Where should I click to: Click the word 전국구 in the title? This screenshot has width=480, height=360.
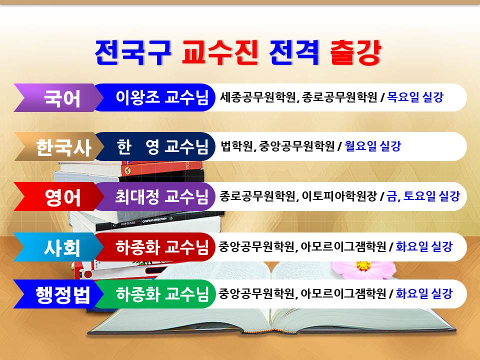[132, 52]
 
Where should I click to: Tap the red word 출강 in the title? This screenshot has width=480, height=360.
[355, 52]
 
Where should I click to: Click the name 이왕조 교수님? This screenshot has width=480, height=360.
[162, 97]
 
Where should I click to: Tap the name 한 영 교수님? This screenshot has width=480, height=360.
[162, 146]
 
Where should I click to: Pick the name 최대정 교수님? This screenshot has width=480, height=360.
[161, 196]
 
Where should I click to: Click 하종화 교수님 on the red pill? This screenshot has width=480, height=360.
[162, 247]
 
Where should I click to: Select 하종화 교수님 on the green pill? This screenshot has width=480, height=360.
[162, 294]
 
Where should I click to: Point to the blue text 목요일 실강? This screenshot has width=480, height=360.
[415, 97]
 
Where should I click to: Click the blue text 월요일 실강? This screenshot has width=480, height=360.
[372, 146]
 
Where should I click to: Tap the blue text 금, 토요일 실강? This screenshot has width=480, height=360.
[423, 196]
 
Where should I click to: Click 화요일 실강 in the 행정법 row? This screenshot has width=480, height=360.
[424, 293]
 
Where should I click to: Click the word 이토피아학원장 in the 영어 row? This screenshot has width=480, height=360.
[339, 196]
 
